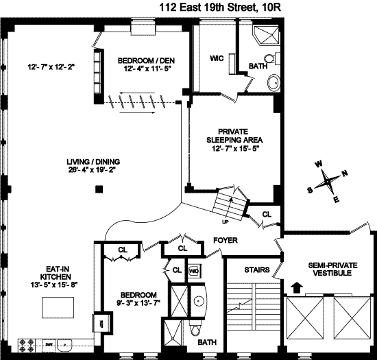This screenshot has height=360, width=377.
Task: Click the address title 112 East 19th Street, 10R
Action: (x=220, y=8)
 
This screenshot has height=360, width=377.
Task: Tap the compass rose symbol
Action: (x=328, y=182)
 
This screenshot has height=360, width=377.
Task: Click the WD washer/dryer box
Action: (x=195, y=271)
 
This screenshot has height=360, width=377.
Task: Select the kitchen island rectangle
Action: (x=58, y=307)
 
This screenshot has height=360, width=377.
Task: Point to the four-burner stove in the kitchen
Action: (x=27, y=346)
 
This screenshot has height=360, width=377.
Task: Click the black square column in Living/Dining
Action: (x=99, y=189)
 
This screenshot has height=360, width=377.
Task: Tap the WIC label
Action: (x=217, y=58)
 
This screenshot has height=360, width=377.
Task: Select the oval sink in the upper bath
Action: (x=274, y=82)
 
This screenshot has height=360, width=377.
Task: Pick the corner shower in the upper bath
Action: (x=266, y=36)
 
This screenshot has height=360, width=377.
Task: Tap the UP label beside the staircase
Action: (x=226, y=221)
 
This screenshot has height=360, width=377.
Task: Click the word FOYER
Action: (x=226, y=240)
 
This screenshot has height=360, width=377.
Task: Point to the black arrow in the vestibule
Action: (x=297, y=287)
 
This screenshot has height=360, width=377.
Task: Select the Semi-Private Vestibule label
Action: (x=332, y=269)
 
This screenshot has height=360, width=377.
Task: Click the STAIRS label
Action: (x=257, y=269)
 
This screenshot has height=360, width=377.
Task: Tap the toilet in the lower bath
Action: (x=196, y=329)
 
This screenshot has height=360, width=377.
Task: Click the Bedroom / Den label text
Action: (x=146, y=60)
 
